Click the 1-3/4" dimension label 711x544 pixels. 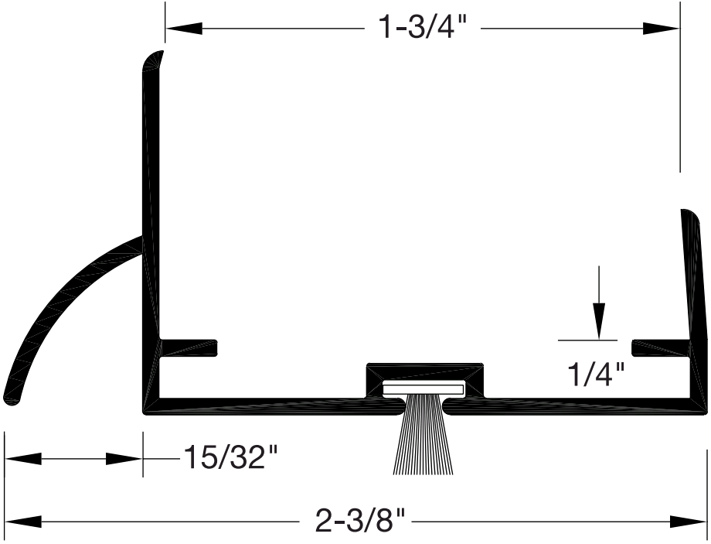423,28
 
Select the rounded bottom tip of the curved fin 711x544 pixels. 12,396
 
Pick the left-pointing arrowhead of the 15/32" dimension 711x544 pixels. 23,459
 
